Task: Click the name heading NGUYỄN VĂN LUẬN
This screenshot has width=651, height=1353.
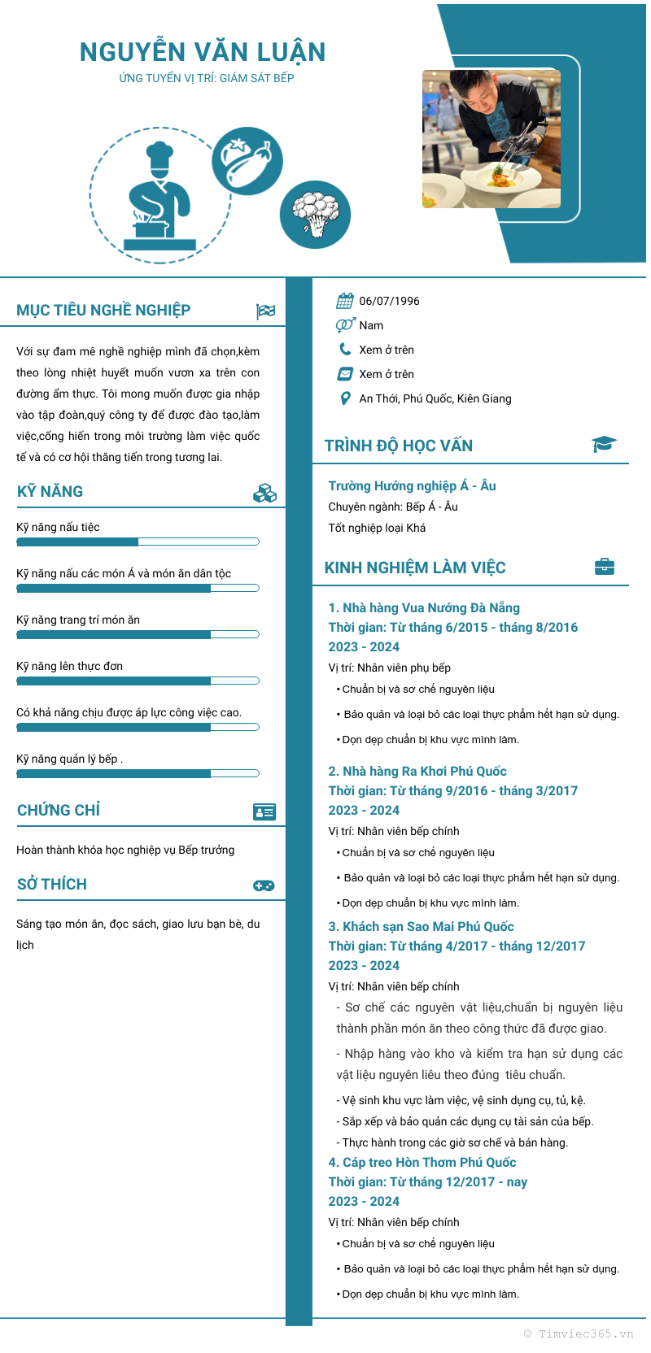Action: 203,52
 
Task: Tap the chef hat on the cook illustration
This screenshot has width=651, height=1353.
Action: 159,155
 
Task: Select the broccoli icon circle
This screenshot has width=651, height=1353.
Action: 315,215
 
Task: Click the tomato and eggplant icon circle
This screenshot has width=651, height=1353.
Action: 247,160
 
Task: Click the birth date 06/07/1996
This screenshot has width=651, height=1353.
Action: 389,301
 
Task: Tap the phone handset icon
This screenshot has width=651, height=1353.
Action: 345,350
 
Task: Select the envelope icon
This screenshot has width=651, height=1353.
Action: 345,374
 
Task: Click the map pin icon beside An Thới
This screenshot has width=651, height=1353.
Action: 345,398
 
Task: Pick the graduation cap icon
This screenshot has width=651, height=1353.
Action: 604,444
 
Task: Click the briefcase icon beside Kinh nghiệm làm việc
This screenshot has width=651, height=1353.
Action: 605,567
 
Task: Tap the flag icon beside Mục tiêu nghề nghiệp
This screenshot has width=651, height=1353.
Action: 265,311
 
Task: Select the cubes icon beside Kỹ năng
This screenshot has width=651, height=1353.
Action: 264,493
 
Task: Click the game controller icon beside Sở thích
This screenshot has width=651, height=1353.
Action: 264,885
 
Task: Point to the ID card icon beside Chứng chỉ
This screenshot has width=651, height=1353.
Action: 264,811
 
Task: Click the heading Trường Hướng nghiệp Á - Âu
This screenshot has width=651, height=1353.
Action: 412,485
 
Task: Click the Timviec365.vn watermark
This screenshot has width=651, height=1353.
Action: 579,1333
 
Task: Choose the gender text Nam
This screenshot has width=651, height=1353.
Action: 371,325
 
